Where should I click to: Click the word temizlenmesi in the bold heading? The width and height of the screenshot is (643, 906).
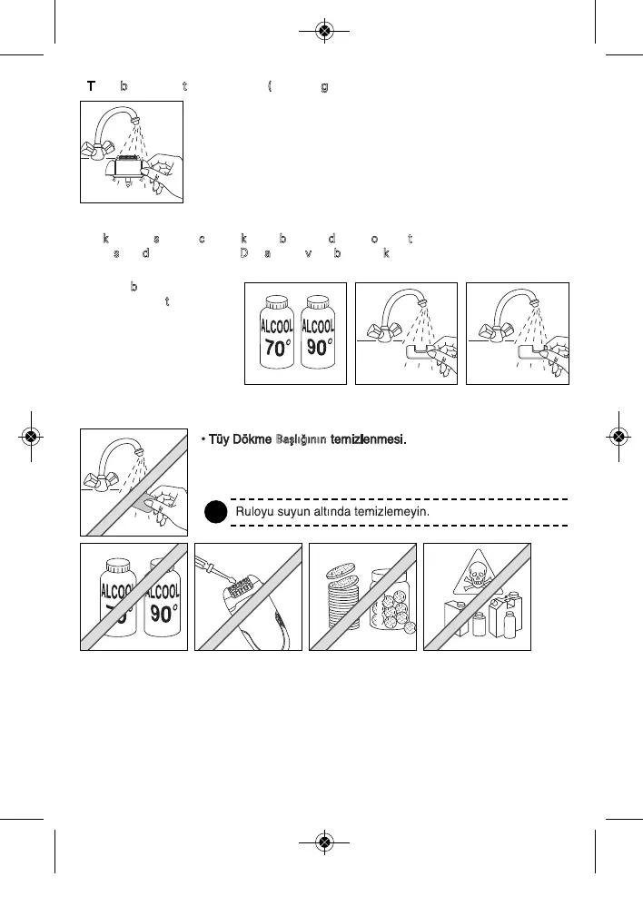click(367, 440)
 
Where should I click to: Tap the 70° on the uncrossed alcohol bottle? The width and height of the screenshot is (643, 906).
click(274, 348)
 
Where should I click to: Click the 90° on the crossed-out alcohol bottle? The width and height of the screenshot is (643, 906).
click(163, 613)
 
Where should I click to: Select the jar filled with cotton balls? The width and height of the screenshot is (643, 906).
click(390, 601)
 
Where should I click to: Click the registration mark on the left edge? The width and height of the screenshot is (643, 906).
click(31, 436)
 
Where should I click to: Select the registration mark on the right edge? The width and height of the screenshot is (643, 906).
click(618, 436)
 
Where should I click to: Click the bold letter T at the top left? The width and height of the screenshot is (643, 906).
click(91, 86)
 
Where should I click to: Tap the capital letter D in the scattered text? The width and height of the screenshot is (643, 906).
click(244, 253)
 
